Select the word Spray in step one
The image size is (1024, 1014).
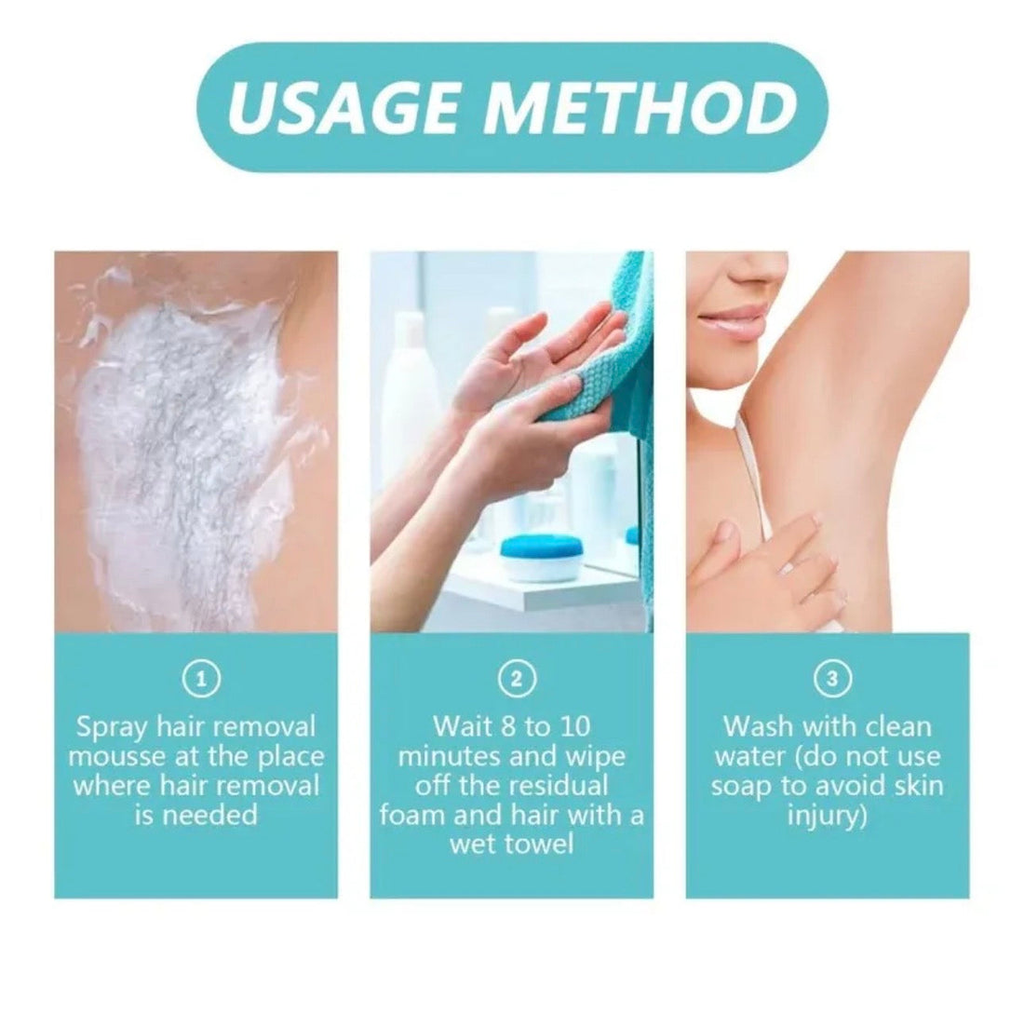pyautogui.click(x=114, y=725)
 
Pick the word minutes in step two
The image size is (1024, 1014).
pyautogui.click(x=444, y=755)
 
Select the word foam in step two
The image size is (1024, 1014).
pyautogui.click(x=416, y=815)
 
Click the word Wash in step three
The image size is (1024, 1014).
pyautogui.click(x=755, y=725)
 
